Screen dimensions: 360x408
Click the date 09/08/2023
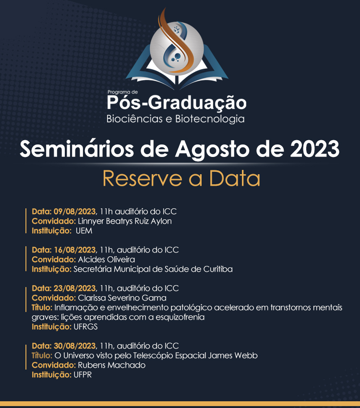click(75, 211)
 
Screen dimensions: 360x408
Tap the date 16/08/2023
click(75, 250)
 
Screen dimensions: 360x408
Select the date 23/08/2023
click(75, 288)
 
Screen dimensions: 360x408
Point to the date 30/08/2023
click(75, 346)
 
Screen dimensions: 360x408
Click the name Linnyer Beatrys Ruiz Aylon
click(125, 221)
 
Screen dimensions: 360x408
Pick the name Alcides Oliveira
click(107, 259)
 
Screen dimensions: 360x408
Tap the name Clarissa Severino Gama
click(122, 298)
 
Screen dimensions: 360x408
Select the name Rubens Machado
click(111, 365)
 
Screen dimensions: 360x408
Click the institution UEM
click(84, 231)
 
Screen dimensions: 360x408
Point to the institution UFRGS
click(85, 327)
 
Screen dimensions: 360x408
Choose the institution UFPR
click(83, 375)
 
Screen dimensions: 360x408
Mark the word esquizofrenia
click(180, 317)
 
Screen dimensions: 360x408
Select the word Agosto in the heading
click(212, 150)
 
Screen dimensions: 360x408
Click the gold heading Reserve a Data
click(181, 179)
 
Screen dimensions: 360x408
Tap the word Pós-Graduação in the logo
click(177, 102)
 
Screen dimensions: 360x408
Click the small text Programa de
click(123, 92)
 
